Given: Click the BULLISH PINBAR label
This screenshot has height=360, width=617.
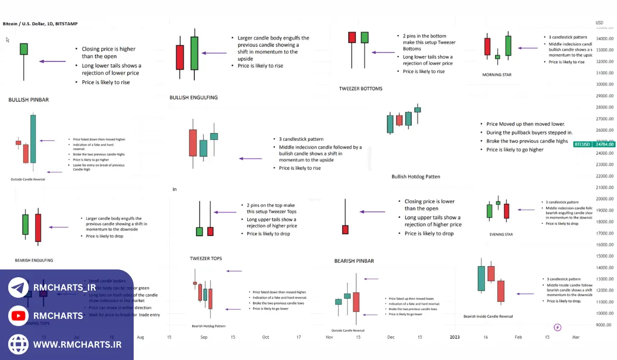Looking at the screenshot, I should pos(28,100).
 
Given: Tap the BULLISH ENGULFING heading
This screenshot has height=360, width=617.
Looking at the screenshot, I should pos(193,98).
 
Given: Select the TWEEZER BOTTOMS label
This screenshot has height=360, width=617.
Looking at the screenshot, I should pos(360,89).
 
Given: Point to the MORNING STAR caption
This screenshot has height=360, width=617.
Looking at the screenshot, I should pos(497,75).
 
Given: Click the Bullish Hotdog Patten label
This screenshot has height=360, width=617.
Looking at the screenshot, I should pos(415,177).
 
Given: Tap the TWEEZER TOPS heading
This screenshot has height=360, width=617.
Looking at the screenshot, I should pos(206,258).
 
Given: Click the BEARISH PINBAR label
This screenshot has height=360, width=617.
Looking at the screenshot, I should pos(354,261).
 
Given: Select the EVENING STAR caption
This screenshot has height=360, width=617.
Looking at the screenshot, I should pos(501,235).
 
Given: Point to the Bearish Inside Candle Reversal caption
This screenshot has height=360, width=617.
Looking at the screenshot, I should pos(488,317).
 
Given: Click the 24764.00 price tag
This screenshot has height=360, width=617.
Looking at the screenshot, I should pos(604,145).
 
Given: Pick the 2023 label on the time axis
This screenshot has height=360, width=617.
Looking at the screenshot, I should pos(455,337).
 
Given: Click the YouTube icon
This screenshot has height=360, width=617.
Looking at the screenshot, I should pos(19,316).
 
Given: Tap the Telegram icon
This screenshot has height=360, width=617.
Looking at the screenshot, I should pos(19,287).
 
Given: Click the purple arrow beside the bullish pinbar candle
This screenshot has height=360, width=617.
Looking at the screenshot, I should pos(52,62).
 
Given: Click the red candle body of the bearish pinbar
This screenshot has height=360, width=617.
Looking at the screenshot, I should pos(345,230).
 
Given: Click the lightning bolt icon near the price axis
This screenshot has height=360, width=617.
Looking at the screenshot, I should pos(557,328).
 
